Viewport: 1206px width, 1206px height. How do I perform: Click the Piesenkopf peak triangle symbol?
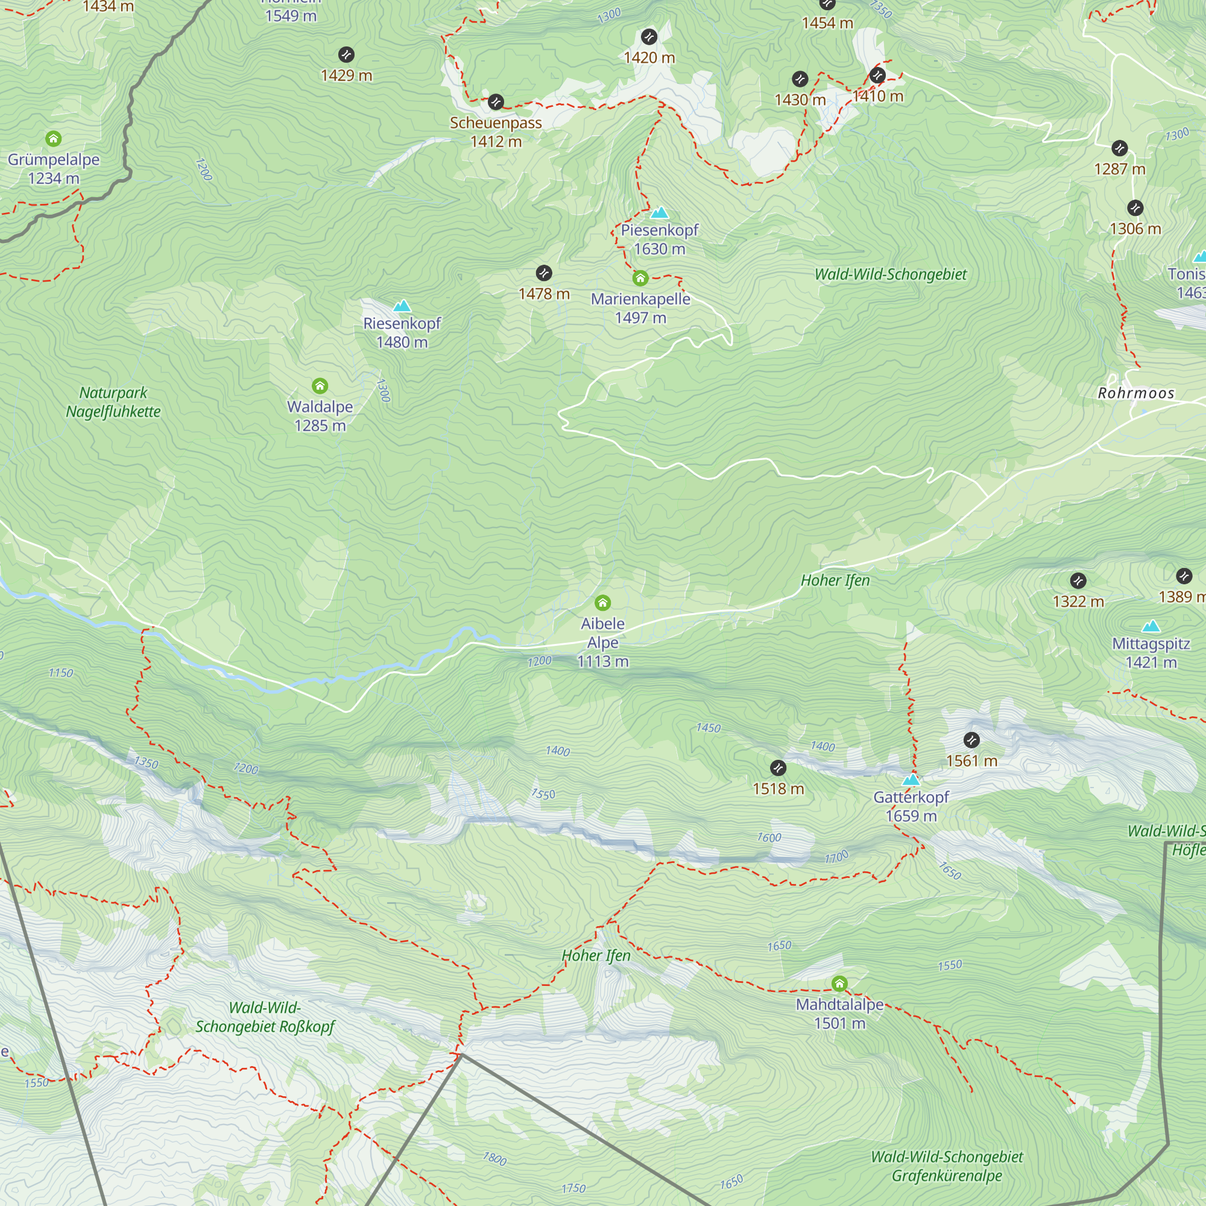point(659,213)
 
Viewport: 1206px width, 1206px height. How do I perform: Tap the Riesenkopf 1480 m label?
point(402,333)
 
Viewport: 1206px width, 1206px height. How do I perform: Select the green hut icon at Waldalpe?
point(320,386)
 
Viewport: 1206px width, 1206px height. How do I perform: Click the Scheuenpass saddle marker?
point(496,101)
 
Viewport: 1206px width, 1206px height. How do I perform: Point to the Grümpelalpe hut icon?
point(54,139)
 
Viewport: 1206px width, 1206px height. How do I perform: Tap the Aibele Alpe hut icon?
point(602,602)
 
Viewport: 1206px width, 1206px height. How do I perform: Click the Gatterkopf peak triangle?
point(911,779)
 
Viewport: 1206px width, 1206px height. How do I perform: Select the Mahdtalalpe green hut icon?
point(839,983)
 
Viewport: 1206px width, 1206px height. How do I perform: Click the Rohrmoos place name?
point(1136,393)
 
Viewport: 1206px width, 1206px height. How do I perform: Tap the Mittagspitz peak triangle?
point(1151,626)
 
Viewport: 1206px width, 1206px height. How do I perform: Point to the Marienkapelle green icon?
point(640,279)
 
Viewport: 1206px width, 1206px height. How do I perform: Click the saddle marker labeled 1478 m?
point(544,273)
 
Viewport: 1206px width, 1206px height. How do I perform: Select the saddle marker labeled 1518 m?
point(778,768)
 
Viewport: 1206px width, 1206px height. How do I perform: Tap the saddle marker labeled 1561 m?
point(971,740)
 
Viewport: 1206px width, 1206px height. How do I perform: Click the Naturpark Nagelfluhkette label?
point(113,403)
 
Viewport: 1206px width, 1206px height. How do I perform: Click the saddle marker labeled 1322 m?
point(1078,581)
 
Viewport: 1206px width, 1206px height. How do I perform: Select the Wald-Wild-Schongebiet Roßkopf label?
point(265,1017)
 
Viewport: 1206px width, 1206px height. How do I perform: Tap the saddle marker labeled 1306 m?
point(1135,208)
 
